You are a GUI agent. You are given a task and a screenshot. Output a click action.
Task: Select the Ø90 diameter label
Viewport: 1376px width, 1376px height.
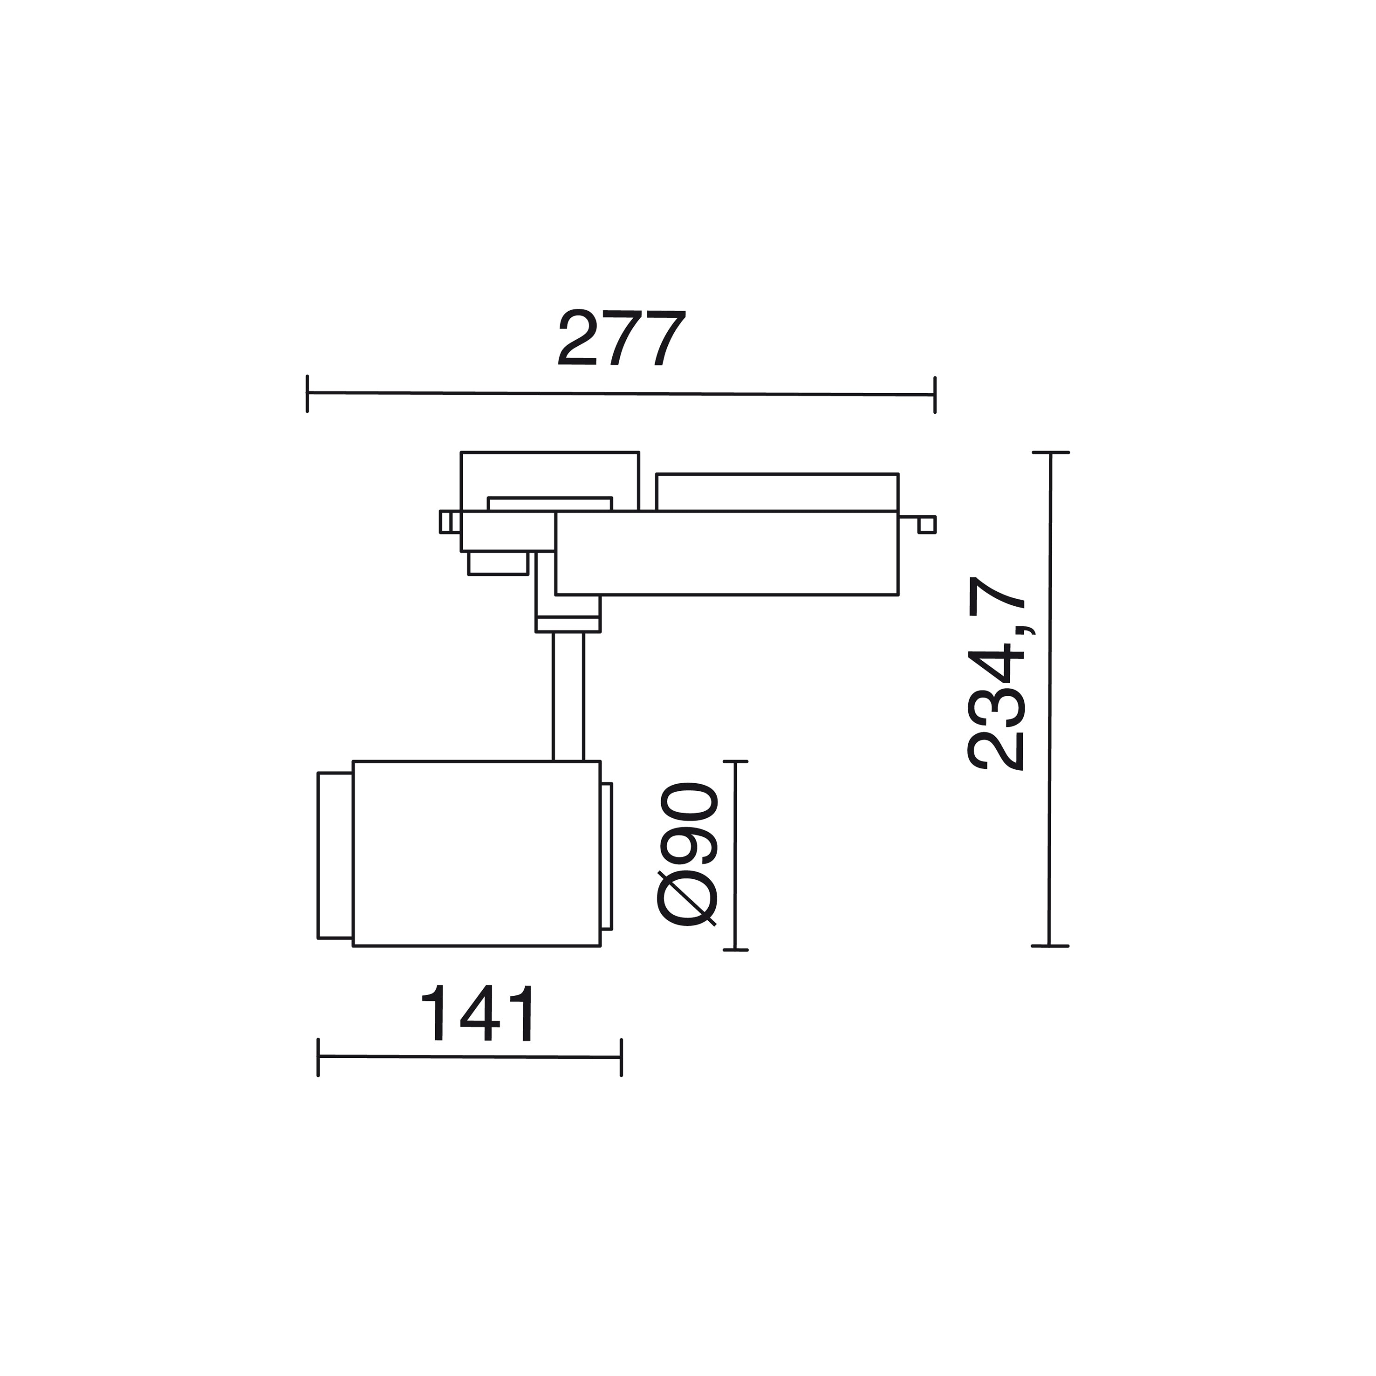click(687, 855)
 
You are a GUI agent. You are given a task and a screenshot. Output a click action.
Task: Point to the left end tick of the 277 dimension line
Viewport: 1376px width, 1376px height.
click(307, 393)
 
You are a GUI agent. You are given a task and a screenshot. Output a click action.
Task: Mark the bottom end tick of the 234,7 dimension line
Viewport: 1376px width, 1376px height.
click(1050, 946)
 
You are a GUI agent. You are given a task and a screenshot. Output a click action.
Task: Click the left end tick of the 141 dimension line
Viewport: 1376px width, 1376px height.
click(318, 1057)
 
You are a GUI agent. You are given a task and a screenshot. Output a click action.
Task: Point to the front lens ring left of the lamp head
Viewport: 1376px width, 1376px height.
click(334, 855)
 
